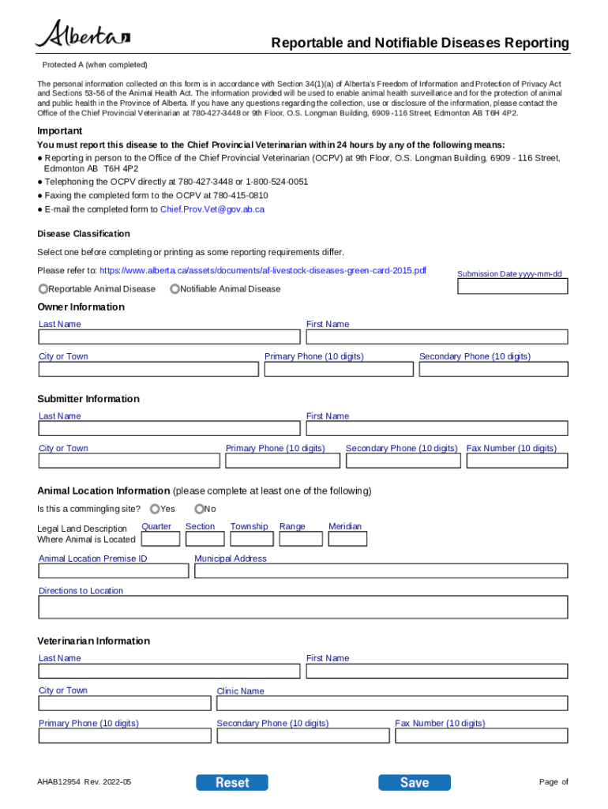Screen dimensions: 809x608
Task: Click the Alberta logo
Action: tap(82, 35)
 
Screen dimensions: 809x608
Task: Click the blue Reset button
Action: tap(231, 782)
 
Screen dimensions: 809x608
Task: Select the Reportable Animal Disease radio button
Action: tap(43, 288)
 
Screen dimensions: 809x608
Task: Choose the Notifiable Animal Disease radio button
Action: tap(175, 288)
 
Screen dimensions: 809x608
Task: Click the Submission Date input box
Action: tap(512, 287)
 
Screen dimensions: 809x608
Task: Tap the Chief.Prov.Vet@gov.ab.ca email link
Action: tap(212, 209)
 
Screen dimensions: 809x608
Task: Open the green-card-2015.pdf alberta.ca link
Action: tap(262, 270)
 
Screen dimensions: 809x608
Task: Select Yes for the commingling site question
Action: tap(155, 509)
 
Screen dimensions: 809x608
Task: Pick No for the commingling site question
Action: tap(199, 509)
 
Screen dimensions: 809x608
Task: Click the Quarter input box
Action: tap(160, 539)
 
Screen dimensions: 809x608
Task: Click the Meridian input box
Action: tap(347, 539)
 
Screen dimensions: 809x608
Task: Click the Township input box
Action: tap(252, 539)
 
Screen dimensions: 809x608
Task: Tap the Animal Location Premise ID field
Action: tap(113, 570)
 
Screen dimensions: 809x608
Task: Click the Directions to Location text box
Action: tap(302, 607)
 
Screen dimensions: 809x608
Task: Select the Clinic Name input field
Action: tap(391, 703)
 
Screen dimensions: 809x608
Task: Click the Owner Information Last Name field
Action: tap(169, 337)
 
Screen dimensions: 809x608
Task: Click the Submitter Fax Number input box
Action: tap(516, 461)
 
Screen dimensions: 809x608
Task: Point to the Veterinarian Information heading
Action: tap(93, 641)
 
